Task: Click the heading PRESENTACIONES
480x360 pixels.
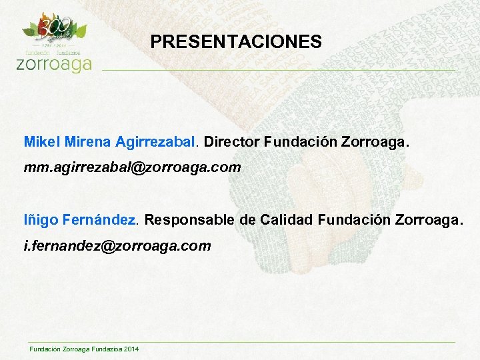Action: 236,43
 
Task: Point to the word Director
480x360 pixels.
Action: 232,142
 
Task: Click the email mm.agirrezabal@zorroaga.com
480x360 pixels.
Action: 132,168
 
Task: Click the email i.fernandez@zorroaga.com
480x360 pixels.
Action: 117,246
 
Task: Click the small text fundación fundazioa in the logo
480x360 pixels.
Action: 53,51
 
